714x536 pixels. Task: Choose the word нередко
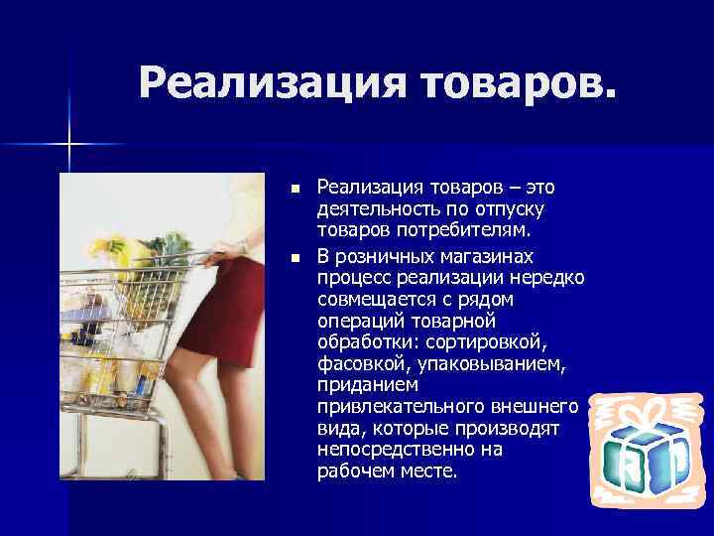pos(546,279)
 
